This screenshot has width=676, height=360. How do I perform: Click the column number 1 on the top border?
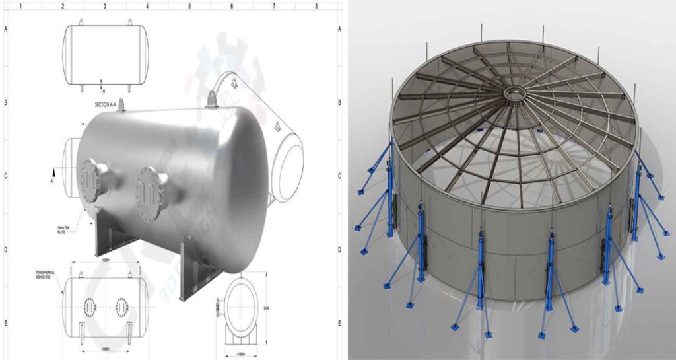(20, 6)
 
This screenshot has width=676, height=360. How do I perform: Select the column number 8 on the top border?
(316, 6)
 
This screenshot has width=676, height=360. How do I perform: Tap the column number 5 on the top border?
(189, 6)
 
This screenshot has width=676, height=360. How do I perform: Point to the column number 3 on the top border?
(105, 6)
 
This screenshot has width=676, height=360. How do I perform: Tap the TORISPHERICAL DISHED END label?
(46, 274)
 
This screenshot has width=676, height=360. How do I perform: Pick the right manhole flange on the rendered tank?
(150, 192)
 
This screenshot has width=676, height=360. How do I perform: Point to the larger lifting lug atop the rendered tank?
(212, 97)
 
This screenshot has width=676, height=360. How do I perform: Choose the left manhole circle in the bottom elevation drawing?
(89, 307)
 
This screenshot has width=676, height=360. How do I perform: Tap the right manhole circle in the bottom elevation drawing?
(121, 307)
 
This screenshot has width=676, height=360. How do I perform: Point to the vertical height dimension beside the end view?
(264, 307)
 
